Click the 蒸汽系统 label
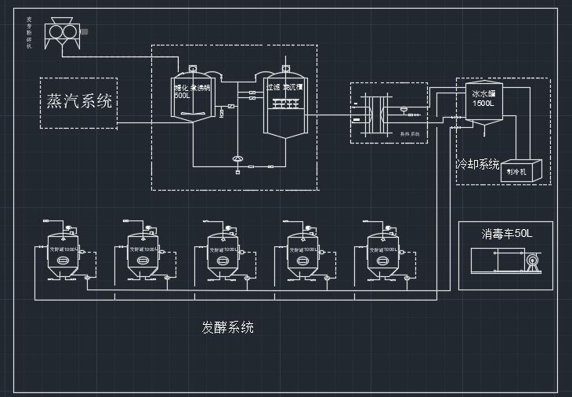point(78,101)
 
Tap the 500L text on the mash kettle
point(182,96)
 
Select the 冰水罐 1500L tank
point(483,103)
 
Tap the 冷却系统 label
point(478,164)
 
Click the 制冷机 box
point(519,171)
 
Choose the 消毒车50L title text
point(506,234)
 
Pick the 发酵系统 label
point(227,327)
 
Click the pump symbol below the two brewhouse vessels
point(237,159)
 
